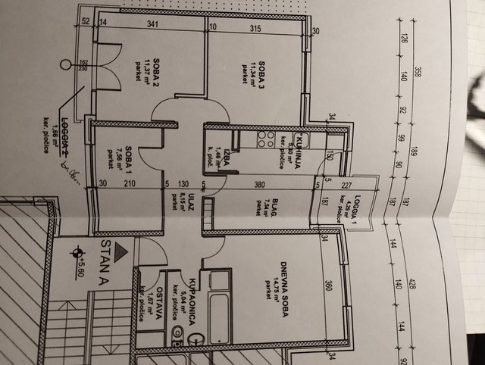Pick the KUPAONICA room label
click(193, 301)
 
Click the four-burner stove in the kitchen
click(266, 139)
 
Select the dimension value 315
click(255, 29)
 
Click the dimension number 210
click(130, 182)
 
